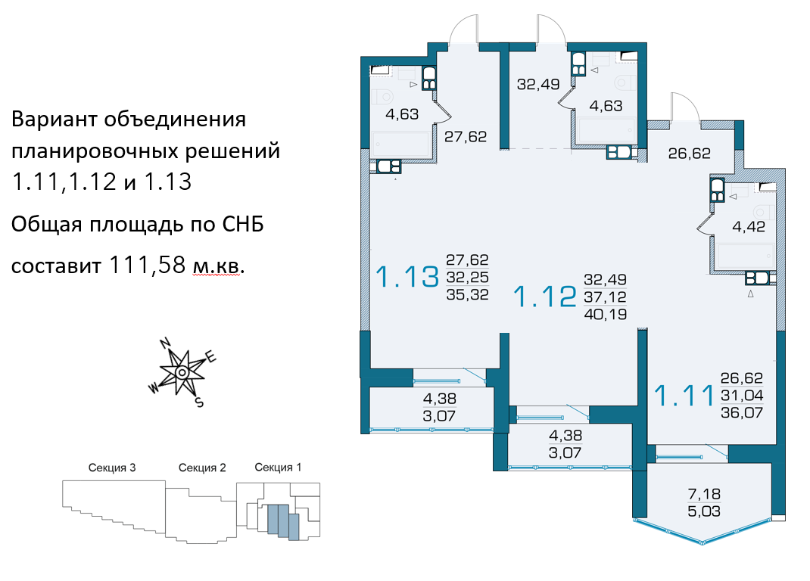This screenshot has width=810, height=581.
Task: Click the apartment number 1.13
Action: coord(407,277)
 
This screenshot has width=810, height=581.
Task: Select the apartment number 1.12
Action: coord(544,297)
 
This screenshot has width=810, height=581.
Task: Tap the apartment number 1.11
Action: coord(684,396)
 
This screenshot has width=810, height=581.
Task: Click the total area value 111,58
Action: coord(147,265)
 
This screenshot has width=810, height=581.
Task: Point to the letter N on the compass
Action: coord(165,343)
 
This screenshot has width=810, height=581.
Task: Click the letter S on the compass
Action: coord(199,402)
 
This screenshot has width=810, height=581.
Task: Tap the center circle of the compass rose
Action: coord(182,372)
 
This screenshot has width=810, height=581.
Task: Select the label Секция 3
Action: coord(112,468)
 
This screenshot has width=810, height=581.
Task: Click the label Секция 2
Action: coord(202,468)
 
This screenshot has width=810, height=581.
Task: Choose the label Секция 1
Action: coord(278,468)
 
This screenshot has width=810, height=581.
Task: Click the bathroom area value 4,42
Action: coord(749,227)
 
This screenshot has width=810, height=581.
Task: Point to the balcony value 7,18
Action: coord(704,494)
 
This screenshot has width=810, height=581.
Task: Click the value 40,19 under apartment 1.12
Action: coord(605,314)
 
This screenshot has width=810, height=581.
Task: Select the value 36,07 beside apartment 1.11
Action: coord(742,412)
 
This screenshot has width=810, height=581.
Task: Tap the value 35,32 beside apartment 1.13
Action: coord(467,294)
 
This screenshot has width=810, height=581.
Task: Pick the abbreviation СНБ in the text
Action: coord(243,225)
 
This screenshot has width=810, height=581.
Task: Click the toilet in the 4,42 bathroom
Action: coord(762,211)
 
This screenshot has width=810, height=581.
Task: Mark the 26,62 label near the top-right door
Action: coord(689,154)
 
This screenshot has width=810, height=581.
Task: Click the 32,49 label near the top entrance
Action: coord(538,84)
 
